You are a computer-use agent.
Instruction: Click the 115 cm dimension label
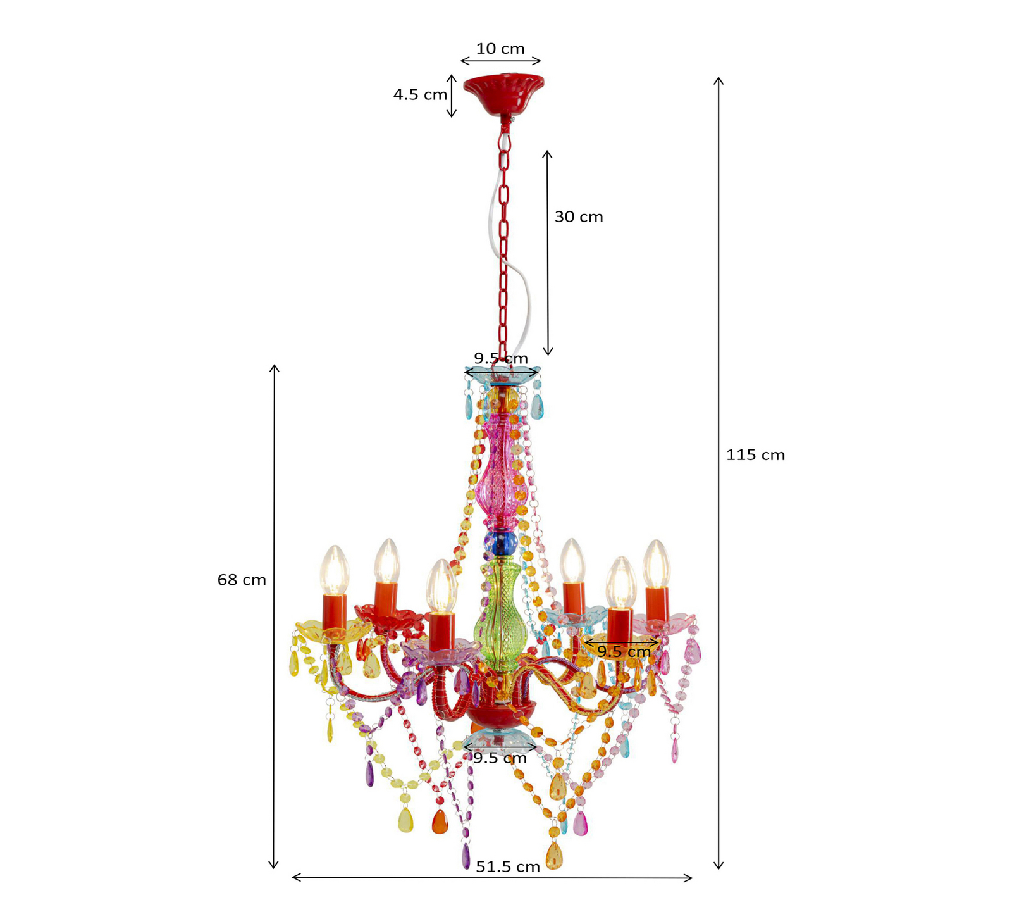755,455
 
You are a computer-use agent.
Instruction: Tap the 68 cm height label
242,580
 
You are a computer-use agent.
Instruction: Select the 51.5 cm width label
508,866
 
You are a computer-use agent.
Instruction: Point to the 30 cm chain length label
579,217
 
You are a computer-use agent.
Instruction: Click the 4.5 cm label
420,95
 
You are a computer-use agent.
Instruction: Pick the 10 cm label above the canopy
500,49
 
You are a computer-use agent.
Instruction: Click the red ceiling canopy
503,94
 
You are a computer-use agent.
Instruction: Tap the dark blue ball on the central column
500,542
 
